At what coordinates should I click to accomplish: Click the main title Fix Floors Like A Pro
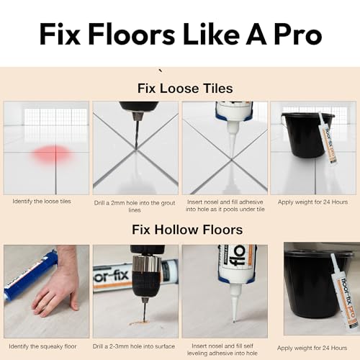tap(180, 33)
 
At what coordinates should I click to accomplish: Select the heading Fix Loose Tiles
tap(184, 89)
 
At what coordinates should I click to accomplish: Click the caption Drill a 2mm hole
tap(135, 205)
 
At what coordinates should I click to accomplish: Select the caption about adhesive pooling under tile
tap(225, 205)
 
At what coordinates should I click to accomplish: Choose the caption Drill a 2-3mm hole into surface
tap(135, 346)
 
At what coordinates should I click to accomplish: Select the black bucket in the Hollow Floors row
tap(310, 284)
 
